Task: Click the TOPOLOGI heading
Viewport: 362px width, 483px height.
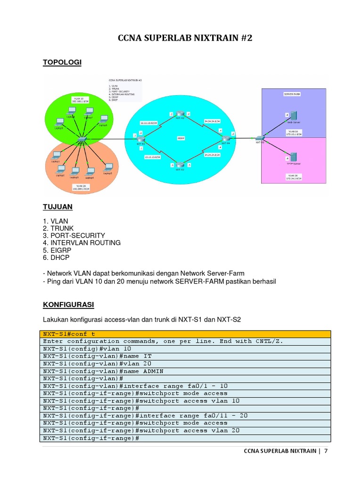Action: click(x=62, y=62)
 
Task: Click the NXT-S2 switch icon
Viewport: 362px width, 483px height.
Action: click(x=259, y=138)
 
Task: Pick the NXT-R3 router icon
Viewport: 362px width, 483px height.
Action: click(x=180, y=165)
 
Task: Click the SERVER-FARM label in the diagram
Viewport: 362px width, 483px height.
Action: click(x=292, y=94)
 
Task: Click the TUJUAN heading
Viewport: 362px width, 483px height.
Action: click(x=58, y=207)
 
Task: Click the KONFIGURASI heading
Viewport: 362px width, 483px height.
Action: click(x=68, y=305)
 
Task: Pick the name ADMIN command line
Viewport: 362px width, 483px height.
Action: click(x=103, y=371)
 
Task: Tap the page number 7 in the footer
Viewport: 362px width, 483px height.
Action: click(x=325, y=451)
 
